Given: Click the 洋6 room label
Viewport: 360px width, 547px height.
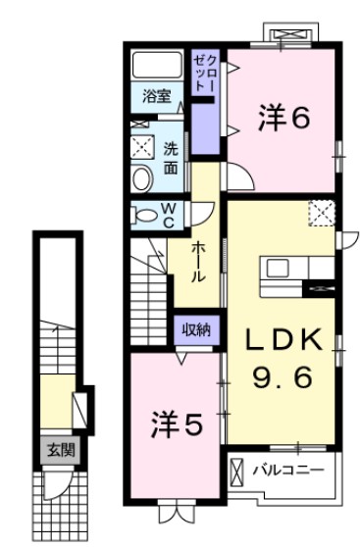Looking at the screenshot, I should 284,118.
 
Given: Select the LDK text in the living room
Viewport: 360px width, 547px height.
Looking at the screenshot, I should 282,340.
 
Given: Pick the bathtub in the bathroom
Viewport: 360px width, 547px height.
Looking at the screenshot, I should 158,66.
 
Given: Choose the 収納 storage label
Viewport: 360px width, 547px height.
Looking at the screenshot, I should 196,329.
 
